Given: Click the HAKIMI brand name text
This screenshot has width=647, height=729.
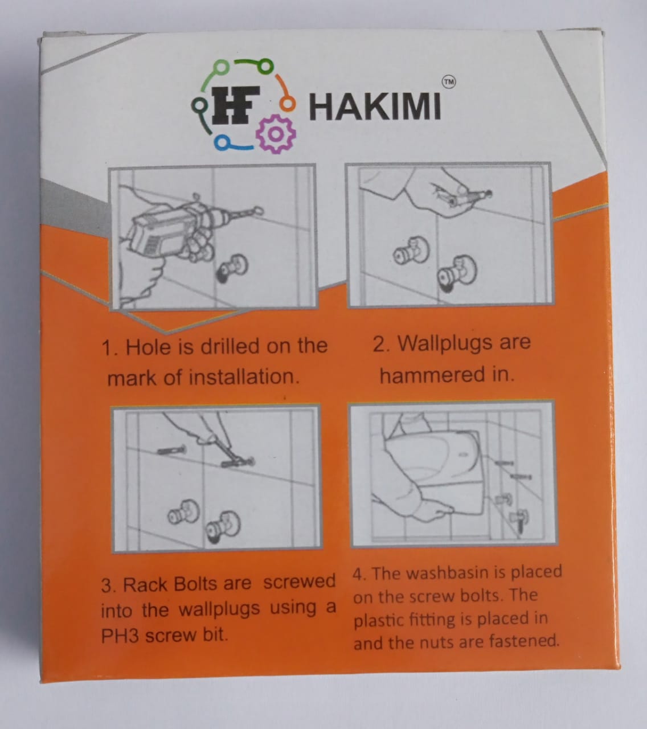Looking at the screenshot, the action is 375,107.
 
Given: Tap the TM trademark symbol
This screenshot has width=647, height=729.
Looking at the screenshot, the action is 448,83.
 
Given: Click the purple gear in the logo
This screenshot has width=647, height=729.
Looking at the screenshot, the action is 276,134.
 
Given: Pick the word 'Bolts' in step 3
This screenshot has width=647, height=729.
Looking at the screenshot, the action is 195,584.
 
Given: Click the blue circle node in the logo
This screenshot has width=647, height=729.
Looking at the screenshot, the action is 222,142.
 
